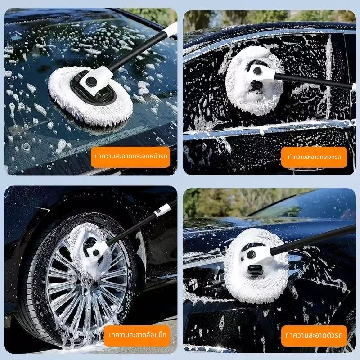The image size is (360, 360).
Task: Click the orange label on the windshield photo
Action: point(130,157)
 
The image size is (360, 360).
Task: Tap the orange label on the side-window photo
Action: point(314,157)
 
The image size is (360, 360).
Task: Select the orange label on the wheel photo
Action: point(137,335)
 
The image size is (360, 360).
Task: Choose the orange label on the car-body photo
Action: point(314,335)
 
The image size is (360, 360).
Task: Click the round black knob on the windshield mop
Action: point(91,81)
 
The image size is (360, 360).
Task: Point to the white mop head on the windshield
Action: point(90,95)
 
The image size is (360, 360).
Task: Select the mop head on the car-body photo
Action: point(256,265)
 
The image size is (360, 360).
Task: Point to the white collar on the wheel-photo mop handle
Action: point(162,211)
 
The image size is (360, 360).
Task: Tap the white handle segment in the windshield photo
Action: point(171,29)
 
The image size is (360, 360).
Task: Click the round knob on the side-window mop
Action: point(257,71)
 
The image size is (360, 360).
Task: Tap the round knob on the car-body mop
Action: point(251,254)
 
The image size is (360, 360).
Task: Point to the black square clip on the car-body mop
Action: point(254,268)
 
